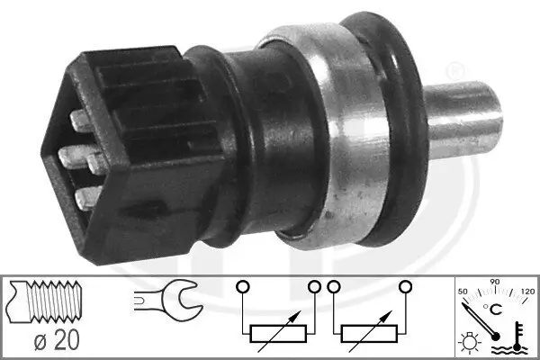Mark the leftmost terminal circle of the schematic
(240, 287)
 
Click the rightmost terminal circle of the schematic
(406, 287)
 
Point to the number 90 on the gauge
(493, 283)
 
